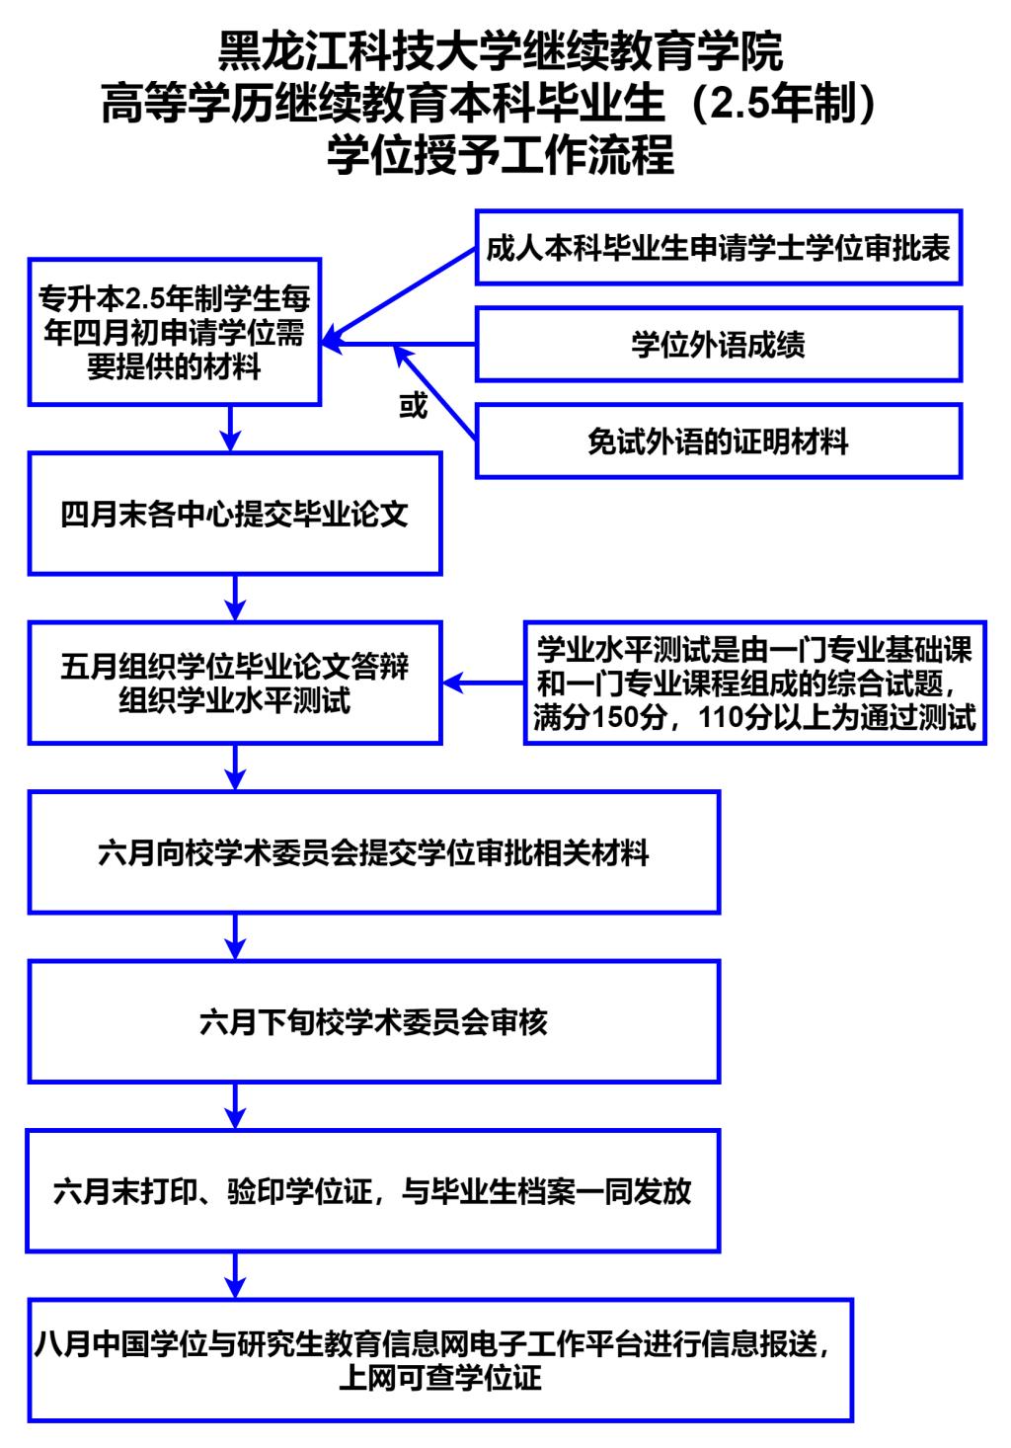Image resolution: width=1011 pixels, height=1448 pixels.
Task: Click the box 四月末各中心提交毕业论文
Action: tap(234, 514)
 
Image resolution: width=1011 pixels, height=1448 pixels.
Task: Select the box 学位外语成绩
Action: tap(718, 345)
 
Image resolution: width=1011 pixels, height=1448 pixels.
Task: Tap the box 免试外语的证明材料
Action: tap(718, 442)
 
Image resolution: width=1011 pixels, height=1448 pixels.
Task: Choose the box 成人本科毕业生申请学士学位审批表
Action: tap(718, 248)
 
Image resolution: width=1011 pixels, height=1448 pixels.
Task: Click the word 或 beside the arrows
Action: tap(413, 406)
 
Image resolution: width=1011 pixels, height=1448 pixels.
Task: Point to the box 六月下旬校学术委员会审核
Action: tap(373, 1021)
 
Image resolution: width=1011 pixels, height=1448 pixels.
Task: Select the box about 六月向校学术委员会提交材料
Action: tap(373, 851)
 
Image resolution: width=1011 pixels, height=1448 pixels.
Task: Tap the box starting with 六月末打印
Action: tap(373, 1191)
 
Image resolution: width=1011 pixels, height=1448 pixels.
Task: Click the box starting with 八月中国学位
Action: tap(439, 1359)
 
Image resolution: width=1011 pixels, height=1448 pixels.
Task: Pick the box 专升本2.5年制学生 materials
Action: tap(174, 332)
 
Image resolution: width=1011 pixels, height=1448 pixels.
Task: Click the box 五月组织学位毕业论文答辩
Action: tap(234, 683)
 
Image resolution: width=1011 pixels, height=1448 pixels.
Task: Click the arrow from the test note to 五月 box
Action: tap(483, 683)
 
